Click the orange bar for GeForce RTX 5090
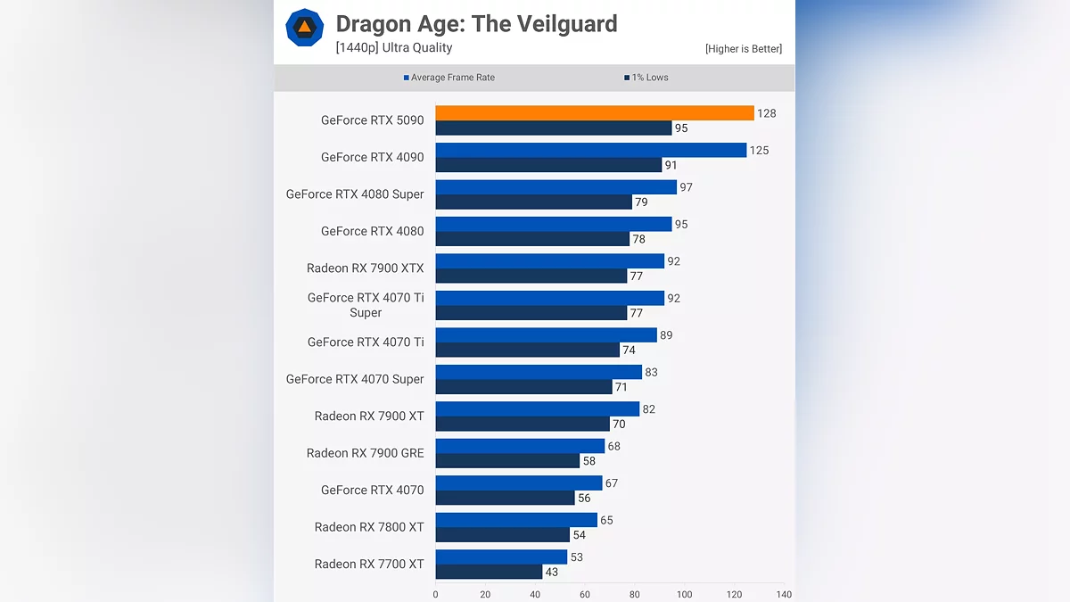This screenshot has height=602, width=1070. [595, 113]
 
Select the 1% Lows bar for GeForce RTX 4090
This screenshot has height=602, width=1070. [548, 165]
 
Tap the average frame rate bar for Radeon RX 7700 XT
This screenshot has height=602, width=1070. [501, 557]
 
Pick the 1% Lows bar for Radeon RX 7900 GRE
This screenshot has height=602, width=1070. [507, 461]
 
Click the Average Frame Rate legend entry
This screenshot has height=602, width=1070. [449, 78]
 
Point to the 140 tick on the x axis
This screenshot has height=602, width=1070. [784, 594]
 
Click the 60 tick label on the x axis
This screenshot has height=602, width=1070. [585, 594]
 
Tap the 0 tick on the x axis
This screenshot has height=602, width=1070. [435, 594]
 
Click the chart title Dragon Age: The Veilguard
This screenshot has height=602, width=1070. [476, 24]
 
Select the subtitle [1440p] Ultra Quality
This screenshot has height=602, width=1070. [394, 48]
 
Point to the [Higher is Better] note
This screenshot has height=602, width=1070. [743, 49]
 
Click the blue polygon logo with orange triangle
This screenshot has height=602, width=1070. [304, 28]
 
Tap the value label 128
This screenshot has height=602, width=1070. [766, 113]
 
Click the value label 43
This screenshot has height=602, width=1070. [552, 572]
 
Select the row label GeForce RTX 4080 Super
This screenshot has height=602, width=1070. [355, 194]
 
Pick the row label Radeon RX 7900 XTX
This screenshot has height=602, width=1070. [366, 268]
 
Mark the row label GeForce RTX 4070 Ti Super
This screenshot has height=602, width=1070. [366, 305]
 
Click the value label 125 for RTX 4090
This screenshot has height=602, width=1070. [759, 150]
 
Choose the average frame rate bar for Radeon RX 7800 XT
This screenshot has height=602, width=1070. [516, 520]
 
